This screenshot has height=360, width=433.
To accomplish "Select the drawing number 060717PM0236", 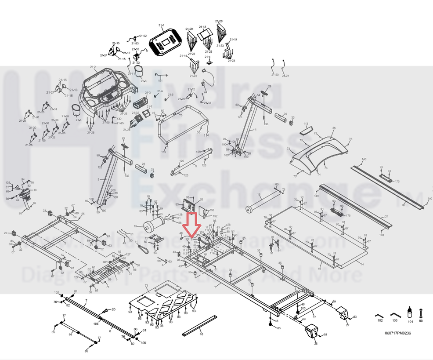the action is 397,333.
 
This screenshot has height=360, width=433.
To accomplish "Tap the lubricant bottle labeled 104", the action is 410,313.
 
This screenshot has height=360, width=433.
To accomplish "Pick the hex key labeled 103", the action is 395,315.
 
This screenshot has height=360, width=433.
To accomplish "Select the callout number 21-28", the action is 219,21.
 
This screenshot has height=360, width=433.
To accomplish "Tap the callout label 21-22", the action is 143,36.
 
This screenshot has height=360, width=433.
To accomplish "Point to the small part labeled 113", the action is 306,130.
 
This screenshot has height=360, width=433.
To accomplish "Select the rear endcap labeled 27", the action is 343,314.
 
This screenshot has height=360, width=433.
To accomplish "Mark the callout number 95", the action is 70,335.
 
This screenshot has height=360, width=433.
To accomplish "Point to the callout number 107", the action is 57,292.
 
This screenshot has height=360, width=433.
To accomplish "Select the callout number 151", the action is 160,81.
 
